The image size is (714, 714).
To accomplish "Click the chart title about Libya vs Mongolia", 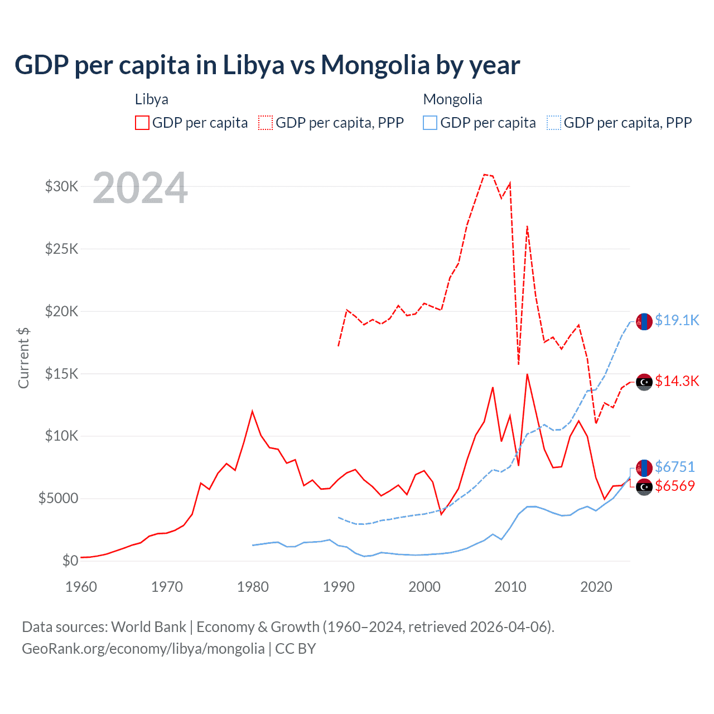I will [x=267, y=65].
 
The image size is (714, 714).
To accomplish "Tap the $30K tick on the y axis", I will [x=61, y=186].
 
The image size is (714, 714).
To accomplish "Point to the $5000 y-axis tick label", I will [x=58, y=498].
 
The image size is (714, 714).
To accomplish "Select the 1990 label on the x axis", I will [x=339, y=587].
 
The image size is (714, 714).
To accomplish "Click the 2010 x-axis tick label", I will [x=510, y=587].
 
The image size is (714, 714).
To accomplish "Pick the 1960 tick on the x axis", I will [x=81, y=587].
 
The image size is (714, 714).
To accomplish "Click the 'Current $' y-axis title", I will [x=23, y=358].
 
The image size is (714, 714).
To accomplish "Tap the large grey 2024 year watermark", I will [x=140, y=189].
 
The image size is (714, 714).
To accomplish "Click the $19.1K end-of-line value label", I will [x=677, y=320].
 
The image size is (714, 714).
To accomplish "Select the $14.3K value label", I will [x=677, y=381].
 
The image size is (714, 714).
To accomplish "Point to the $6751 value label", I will [x=675, y=467].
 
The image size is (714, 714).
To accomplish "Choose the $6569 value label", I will [x=675, y=486].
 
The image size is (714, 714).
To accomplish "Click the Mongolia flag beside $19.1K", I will [x=644, y=322].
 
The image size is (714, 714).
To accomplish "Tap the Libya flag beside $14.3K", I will [x=644, y=382].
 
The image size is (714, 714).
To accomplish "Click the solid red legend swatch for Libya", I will [x=142, y=123].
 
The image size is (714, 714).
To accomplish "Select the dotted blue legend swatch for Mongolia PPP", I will [x=554, y=123].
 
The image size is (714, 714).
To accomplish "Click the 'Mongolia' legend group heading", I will [x=452, y=99].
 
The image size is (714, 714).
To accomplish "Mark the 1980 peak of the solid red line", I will [x=252, y=412].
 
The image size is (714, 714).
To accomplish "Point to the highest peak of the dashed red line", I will [x=484, y=175].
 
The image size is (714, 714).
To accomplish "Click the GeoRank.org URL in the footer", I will [x=143, y=649].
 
